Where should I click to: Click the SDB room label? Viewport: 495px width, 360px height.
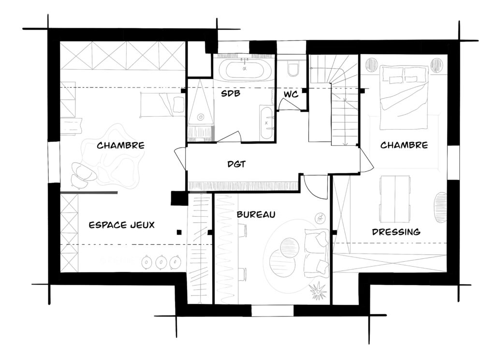click(230, 93)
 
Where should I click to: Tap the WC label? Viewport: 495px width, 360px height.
click(291, 94)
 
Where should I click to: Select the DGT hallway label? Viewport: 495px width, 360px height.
click(236, 164)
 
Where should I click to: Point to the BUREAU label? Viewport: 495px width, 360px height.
click(256, 214)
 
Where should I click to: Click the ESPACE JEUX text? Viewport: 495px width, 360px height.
click(121, 225)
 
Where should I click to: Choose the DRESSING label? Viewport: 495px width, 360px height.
click(396, 232)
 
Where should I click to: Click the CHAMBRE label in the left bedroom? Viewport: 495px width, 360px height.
click(120, 145)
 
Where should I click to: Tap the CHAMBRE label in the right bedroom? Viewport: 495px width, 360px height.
click(404, 145)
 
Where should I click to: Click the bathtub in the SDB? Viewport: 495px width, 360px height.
click(245, 69)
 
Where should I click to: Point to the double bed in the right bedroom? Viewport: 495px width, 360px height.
click(404, 97)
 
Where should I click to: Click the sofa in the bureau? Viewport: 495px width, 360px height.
click(316, 254)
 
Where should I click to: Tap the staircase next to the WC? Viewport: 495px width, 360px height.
click(335, 100)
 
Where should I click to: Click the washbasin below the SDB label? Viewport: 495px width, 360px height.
click(267, 123)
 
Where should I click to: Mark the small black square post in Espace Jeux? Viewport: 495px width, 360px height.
click(179, 233)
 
